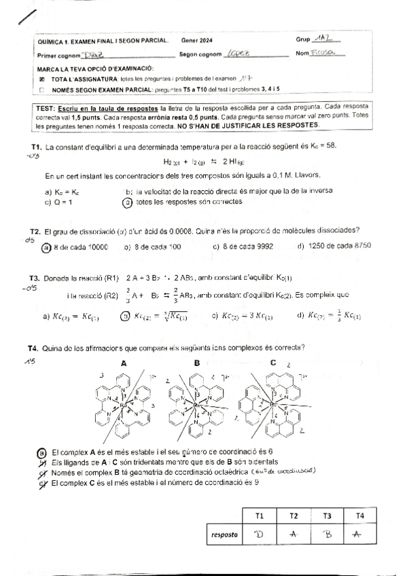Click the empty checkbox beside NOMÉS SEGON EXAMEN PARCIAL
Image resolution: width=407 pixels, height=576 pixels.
pyautogui.click(x=43, y=89)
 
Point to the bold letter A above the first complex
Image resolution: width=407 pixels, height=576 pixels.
pyautogui.click(x=123, y=363)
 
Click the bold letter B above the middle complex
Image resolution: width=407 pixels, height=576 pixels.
pyautogui.click(x=197, y=363)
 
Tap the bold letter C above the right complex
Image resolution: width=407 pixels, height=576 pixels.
pyautogui.click(x=272, y=363)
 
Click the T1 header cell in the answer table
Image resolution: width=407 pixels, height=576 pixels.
pyautogui.click(x=260, y=516)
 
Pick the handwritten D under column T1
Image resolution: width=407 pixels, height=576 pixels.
pyautogui.click(x=260, y=535)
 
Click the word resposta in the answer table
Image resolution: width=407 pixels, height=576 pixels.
pyautogui.click(x=224, y=535)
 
